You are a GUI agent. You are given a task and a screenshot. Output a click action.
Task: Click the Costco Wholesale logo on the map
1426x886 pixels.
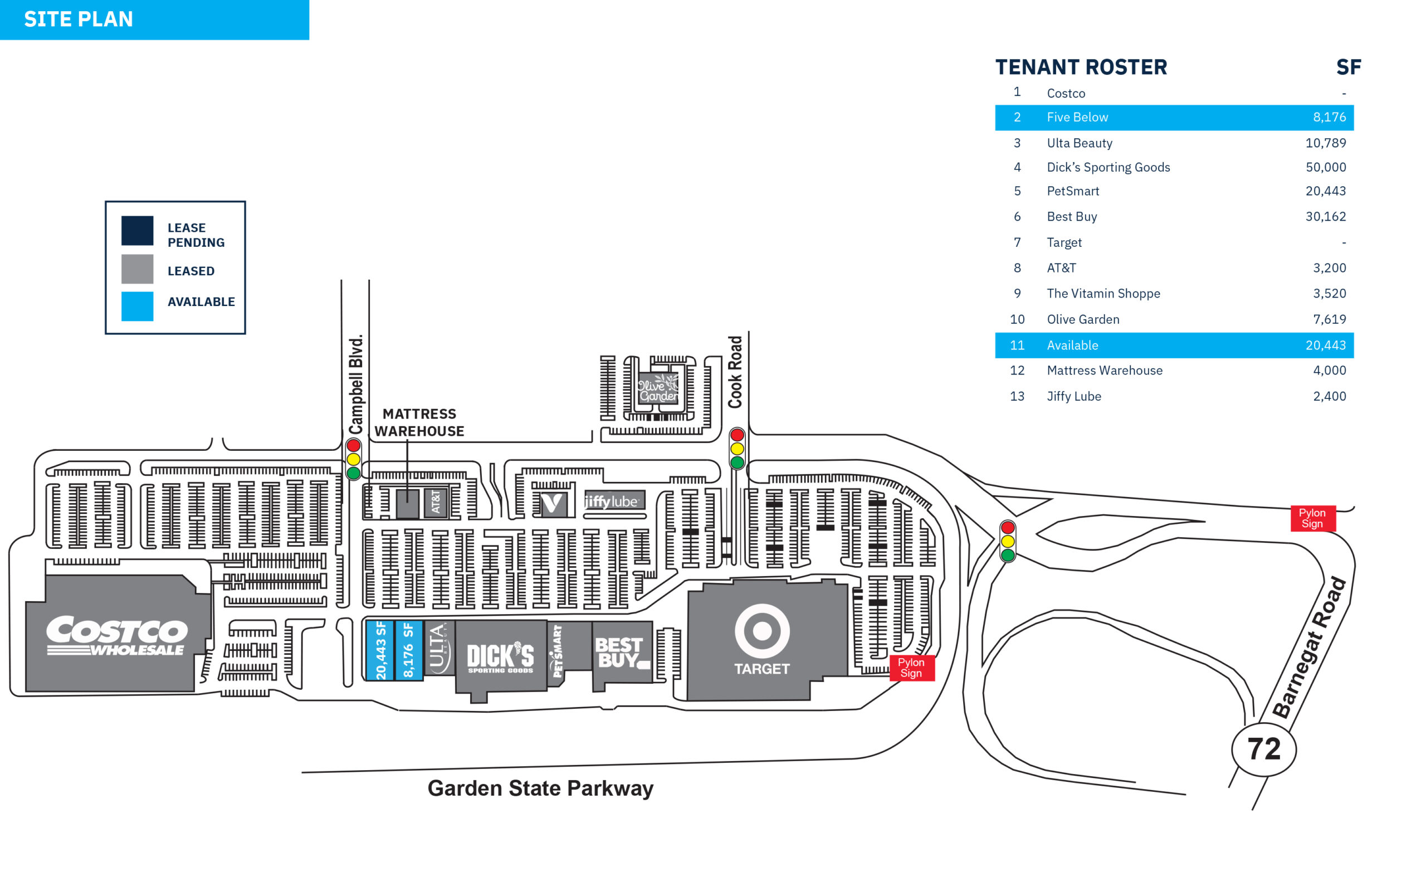click(117, 636)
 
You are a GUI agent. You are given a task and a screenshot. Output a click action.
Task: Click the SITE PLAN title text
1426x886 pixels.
click(79, 20)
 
